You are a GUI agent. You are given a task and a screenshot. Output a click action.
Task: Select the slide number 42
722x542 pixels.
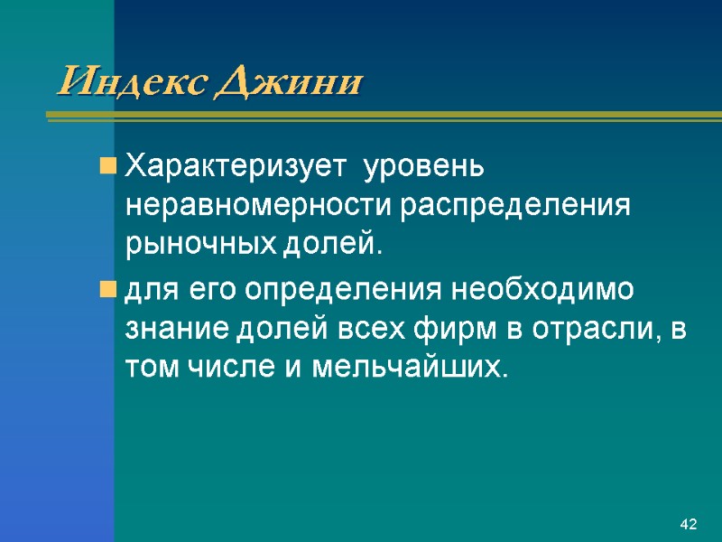coord(690,525)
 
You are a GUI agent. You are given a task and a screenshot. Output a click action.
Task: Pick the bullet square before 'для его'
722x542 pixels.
coord(107,291)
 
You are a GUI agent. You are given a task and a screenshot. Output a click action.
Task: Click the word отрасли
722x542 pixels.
coord(580,330)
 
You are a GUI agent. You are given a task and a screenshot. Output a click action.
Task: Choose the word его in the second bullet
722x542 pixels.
coord(218,292)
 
